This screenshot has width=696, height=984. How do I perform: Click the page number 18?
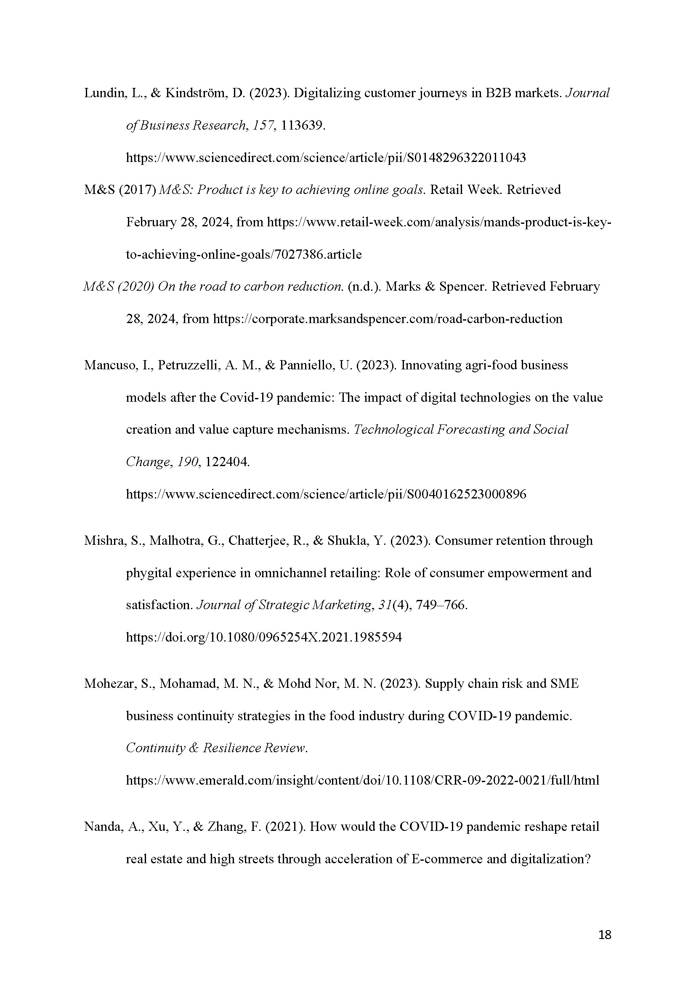pos(604,935)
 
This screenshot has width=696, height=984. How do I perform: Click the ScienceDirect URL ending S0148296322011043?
pos(326,158)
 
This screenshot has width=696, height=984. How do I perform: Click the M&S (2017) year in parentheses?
pos(137,190)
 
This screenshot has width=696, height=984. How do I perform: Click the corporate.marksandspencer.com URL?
pos(388,319)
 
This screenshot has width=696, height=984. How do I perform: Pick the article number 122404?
pos(227,462)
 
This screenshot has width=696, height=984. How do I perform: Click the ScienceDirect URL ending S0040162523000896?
pos(326,494)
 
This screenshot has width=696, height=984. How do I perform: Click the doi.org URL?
pos(264,637)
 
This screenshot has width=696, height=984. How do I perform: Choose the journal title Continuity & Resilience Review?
pos(216,748)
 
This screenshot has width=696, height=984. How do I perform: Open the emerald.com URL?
pos(362,780)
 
